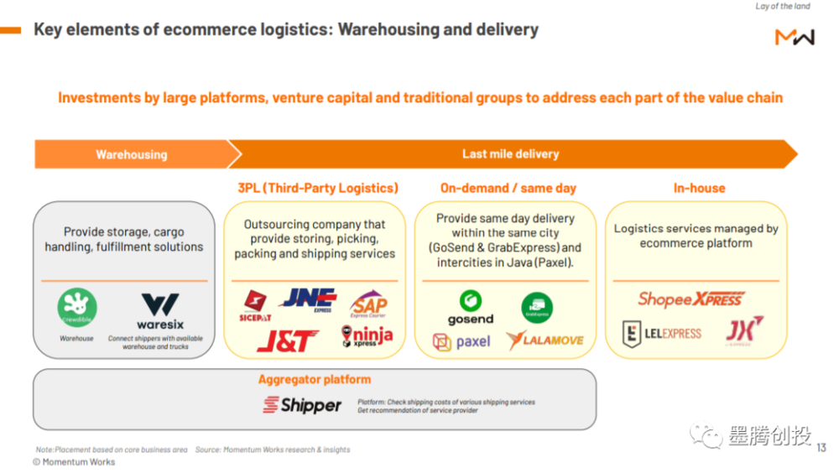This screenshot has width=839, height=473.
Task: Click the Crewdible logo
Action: pos(77,308)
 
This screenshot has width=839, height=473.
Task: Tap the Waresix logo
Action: pos(159,310)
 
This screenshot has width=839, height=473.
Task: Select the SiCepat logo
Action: pos(255,305)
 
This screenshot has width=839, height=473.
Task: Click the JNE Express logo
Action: pos(308,300)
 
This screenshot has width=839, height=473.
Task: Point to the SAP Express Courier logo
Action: pos(369,304)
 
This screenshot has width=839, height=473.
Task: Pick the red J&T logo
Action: pos(287,340)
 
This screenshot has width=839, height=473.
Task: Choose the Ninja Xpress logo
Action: pos(367,337)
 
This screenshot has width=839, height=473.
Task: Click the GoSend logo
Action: pos(471,307)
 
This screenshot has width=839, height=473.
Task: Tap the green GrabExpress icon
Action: pos(537,308)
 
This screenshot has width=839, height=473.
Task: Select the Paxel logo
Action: pos(461,341)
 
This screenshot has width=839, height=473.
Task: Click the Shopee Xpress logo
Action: pos(691,299)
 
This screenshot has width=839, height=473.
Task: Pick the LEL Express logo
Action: pos(661,334)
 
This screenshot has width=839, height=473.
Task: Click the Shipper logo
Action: pos(302,405)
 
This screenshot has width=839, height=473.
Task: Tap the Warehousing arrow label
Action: pos(131,154)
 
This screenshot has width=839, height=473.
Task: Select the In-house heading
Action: pos(699,188)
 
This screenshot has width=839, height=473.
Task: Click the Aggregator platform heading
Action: pos(315,379)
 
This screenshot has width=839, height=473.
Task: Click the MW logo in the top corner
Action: pos(794,37)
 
